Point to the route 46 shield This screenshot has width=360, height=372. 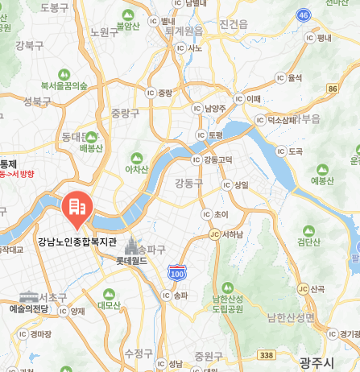tap(303, 15)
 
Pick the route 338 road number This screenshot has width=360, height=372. tap(267, 353)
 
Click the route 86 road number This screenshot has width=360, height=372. tap(333, 87)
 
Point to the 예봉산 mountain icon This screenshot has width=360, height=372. tap(323, 170)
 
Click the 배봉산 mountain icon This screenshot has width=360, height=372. tap(91, 138)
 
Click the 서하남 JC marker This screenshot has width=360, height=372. tap(213, 235)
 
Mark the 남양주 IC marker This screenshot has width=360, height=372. tap(196, 108)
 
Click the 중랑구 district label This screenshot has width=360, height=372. tap(126, 112)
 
